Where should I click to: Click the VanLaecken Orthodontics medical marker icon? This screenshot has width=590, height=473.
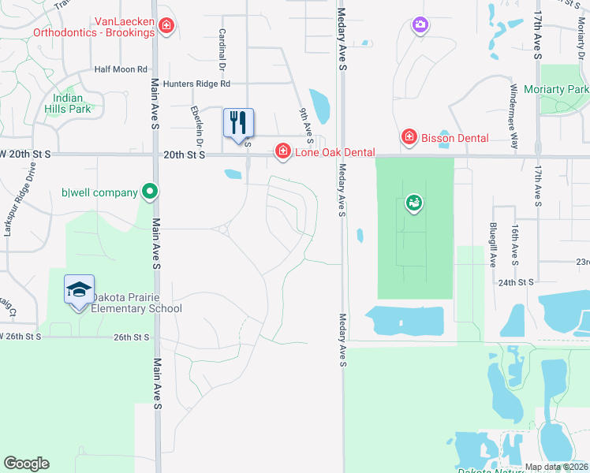[x=166, y=27]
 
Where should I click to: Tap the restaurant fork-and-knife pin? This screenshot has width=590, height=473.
[x=238, y=123]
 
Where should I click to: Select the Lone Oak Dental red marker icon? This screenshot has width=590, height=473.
[x=282, y=151]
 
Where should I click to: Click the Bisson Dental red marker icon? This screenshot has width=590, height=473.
[x=409, y=138]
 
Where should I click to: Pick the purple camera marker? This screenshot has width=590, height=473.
[x=420, y=26]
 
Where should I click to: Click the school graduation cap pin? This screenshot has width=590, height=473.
[x=79, y=290]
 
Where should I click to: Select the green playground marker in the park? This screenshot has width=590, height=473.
[x=413, y=203]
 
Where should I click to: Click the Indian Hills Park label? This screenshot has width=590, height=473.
[x=68, y=103]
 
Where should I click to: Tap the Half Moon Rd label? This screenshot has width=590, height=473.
[x=121, y=69]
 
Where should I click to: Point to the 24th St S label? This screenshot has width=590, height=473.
[x=516, y=281]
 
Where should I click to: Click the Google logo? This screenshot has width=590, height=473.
[x=26, y=464]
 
